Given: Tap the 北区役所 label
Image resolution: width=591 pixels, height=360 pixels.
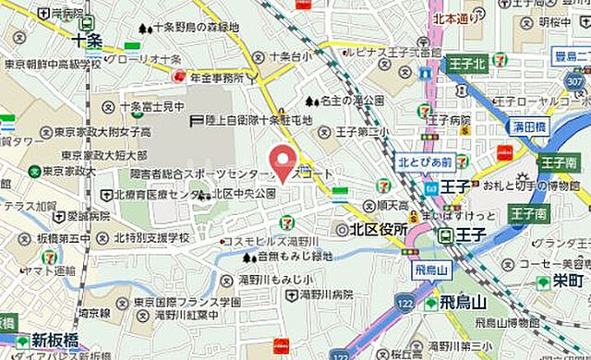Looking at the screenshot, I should click(378, 229).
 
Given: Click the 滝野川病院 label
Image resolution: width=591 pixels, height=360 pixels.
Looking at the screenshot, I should click(327, 294).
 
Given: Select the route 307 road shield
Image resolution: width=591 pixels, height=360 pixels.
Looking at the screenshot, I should click(575, 81).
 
